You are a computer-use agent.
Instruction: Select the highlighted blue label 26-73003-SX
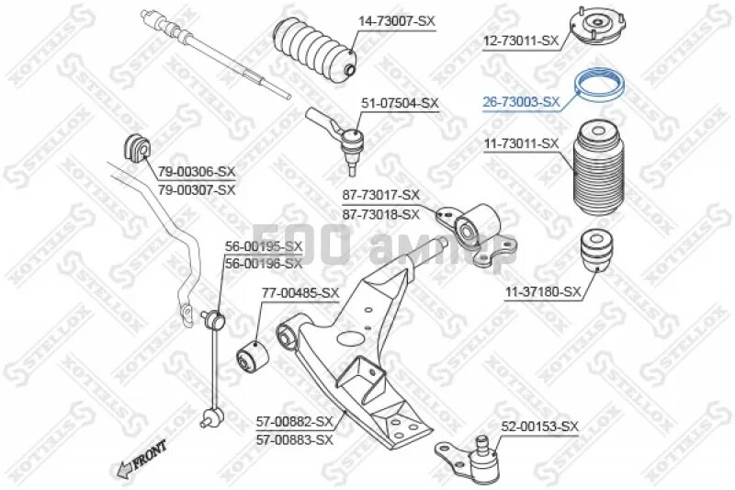[x=521, y=102]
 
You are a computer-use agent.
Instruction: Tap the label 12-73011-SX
[x=521, y=40]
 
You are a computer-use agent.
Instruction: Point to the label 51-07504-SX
[x=401, y=104]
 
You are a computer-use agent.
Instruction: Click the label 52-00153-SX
[x=540, y=426]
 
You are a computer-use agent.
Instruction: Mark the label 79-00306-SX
[x=196, y=172]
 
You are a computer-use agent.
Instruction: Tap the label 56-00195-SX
[x=264, y=246]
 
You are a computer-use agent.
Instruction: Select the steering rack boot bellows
[x=314, y=47]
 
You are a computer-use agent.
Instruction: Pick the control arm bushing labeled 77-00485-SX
[x=252, y=353]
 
